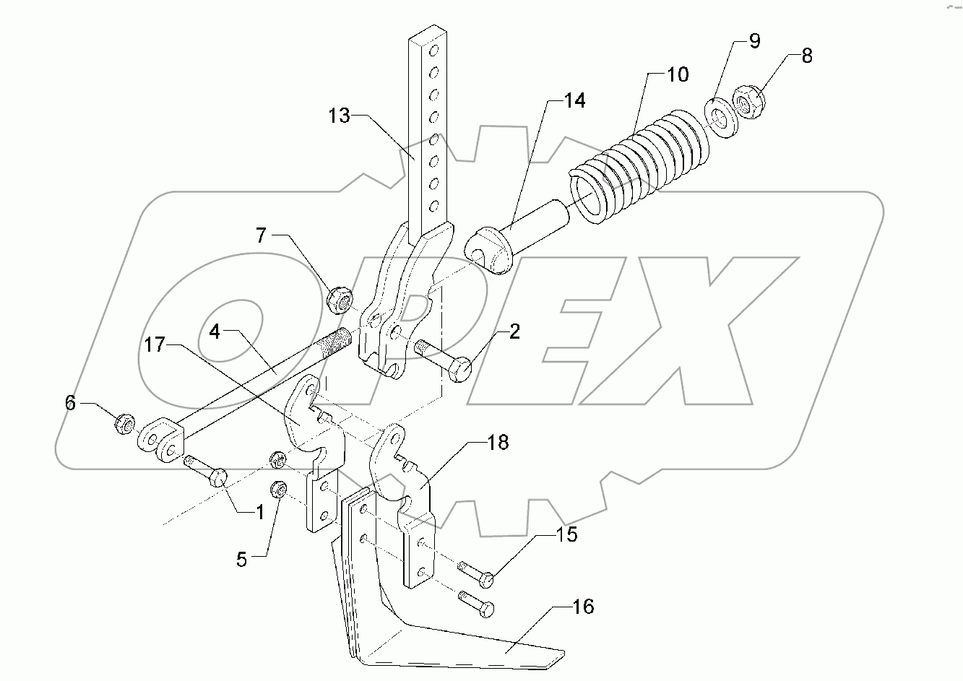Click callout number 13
point(338,116)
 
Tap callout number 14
point(574,101)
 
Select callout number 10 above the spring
point(678,74)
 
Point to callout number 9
point(754,41)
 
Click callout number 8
point(807,56)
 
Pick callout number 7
point(261,235)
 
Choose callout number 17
point(155,345)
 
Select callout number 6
point(70,403)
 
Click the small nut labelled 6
point(123,423)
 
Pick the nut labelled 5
point(278,489)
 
